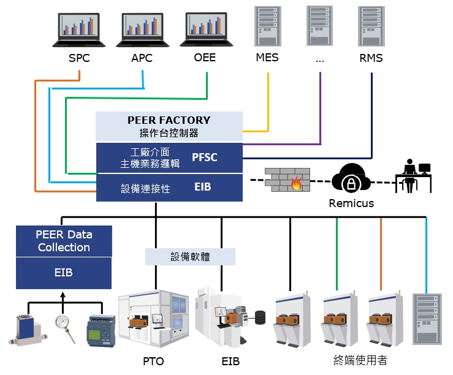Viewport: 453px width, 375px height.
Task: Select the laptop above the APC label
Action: click(142, 29)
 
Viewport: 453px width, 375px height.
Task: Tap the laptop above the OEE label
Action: click(206, 29)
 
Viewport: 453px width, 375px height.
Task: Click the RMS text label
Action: click(371, 58)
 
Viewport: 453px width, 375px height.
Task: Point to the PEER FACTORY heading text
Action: click(169, 120)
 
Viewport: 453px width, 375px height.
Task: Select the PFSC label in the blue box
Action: click(205, 157)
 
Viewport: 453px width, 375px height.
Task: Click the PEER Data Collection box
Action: click(64, 241)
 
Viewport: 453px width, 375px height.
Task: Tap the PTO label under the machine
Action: click(153, 361)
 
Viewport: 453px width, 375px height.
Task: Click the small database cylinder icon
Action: click(260, 317)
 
